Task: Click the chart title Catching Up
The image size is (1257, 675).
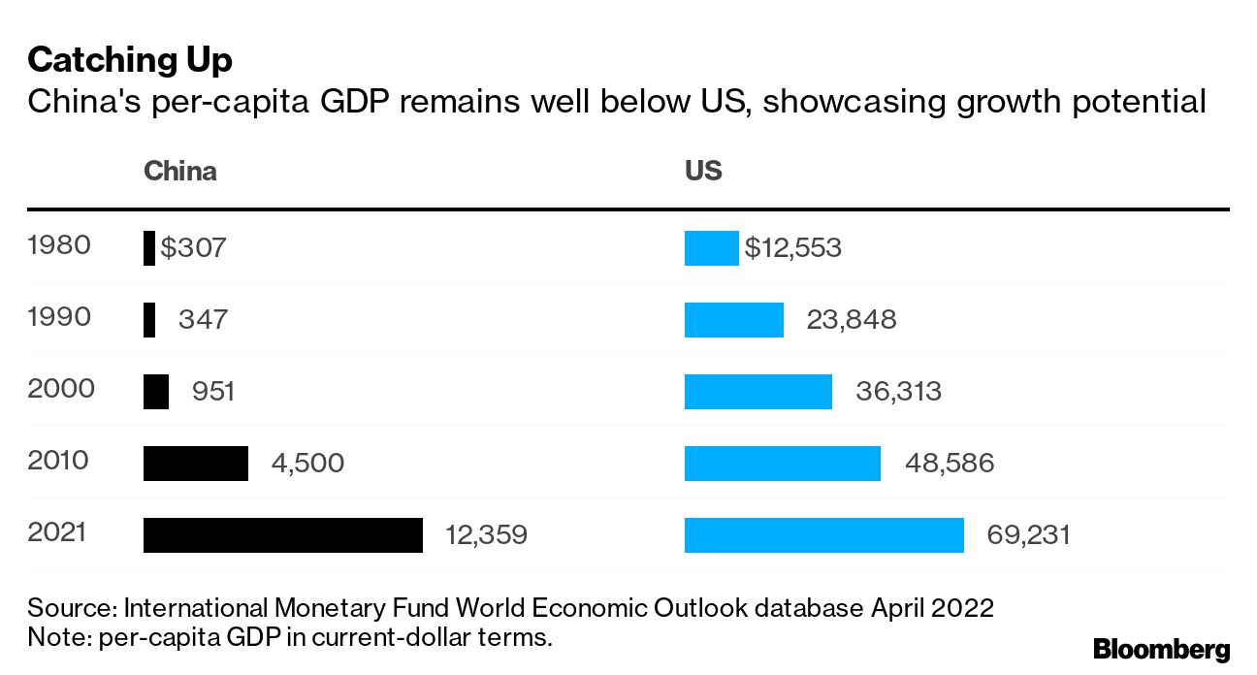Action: click(130, 61)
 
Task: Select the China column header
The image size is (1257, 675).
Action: click(179, 172)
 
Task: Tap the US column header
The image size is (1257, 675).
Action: click(703, 172)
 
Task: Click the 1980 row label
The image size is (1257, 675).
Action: click(59, 245)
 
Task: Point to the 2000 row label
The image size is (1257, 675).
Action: click(61, 389)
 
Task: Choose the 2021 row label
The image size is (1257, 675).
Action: click(59, 532)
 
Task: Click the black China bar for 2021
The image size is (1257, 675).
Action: click(282, 535)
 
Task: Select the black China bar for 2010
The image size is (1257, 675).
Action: click(195, 464)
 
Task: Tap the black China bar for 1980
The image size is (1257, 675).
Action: click(148, 248)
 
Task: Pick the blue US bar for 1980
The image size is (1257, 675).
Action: click(711, 248)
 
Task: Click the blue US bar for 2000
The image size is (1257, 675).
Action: click(757, 392)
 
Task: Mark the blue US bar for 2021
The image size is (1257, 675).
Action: click(823, 535)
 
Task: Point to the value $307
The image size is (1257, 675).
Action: click(193, 248)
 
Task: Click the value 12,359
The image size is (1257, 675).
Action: click(486, 534)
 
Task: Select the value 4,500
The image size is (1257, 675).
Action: click(307, 463)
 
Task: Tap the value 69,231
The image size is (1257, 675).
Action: click(1028, 534)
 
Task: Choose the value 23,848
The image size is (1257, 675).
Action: click(851, 319)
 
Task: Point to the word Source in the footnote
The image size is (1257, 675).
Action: click(69, 608)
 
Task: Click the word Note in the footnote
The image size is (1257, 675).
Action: click(54, 637)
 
